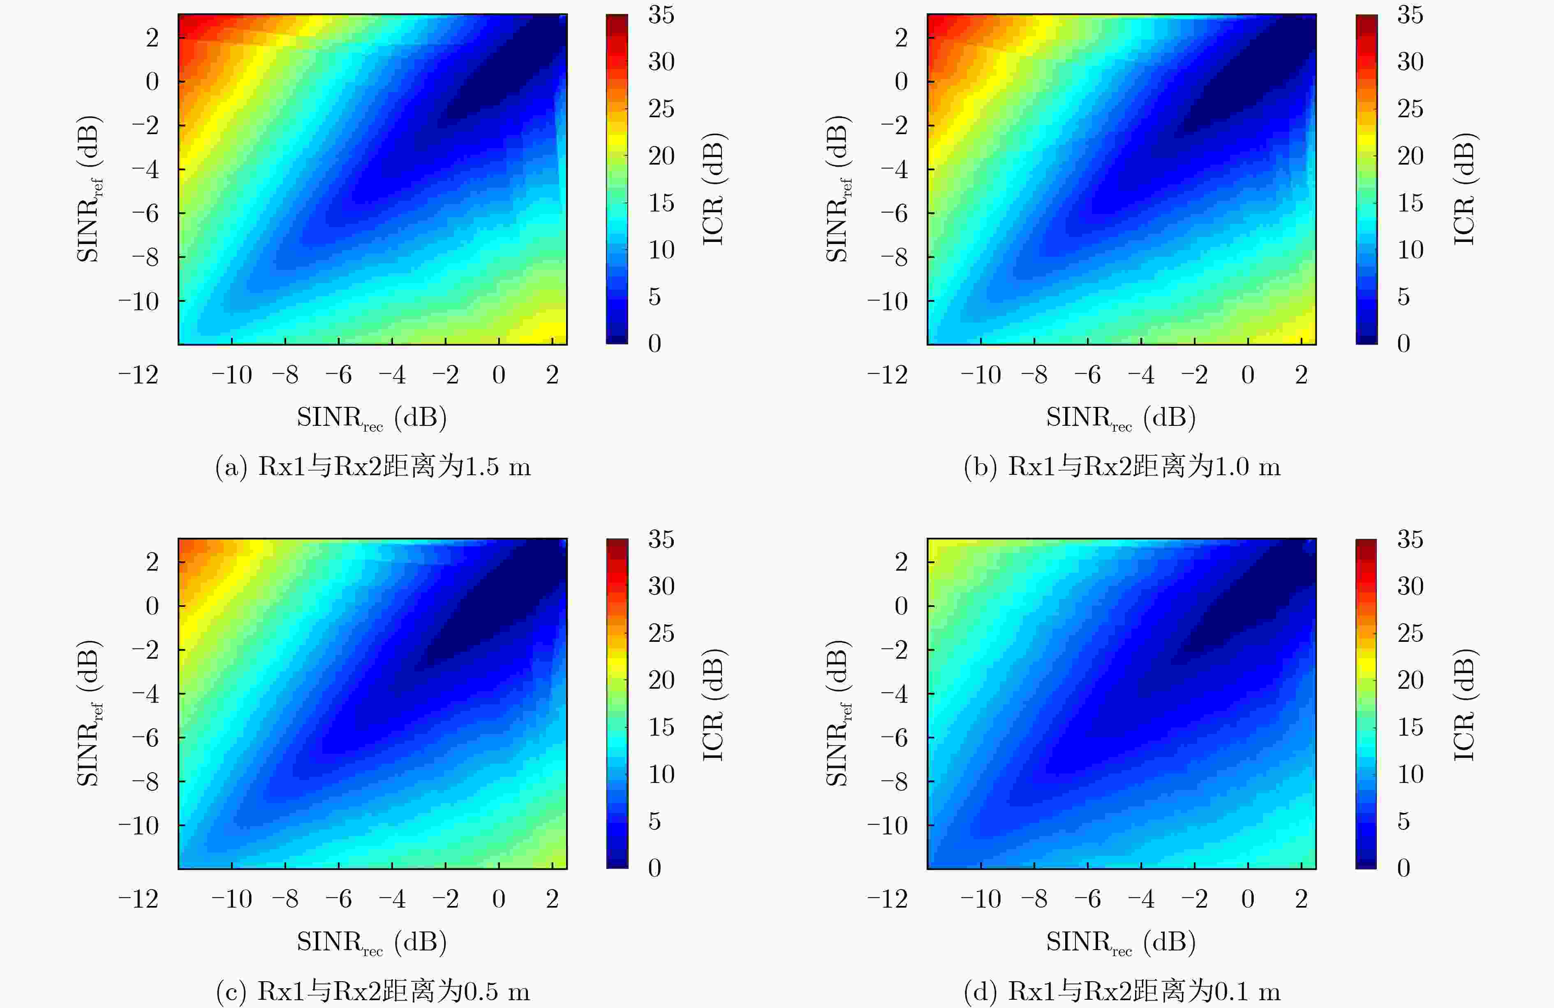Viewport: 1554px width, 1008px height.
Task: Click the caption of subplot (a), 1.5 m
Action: click(x=373, y=467)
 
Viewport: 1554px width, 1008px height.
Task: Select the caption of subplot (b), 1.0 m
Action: click(x=1122, y=467)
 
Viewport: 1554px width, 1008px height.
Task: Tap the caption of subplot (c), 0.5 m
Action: click(x=373, y=992)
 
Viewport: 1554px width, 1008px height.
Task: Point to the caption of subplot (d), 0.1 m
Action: click(x=1122, y=992)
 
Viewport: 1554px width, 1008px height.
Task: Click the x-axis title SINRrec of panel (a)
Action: click(x=372, y=418)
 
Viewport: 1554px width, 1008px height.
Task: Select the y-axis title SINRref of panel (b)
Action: click(x=839, y=189)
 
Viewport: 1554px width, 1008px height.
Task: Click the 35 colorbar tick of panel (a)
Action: click(x=661, y=15)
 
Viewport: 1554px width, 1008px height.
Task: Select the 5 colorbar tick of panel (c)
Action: click(x=654, y=821)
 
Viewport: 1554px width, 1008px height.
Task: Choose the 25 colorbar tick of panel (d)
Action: click(x=1410, y=633)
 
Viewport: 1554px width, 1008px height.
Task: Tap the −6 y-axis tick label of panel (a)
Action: click(x=146, y=213)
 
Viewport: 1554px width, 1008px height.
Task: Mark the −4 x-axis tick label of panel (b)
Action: click(x=1141, y=375)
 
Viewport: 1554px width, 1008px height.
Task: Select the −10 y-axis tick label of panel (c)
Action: click(x=139, y=826)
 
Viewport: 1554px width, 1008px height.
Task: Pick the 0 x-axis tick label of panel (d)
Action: click(x=1248, y=899)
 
